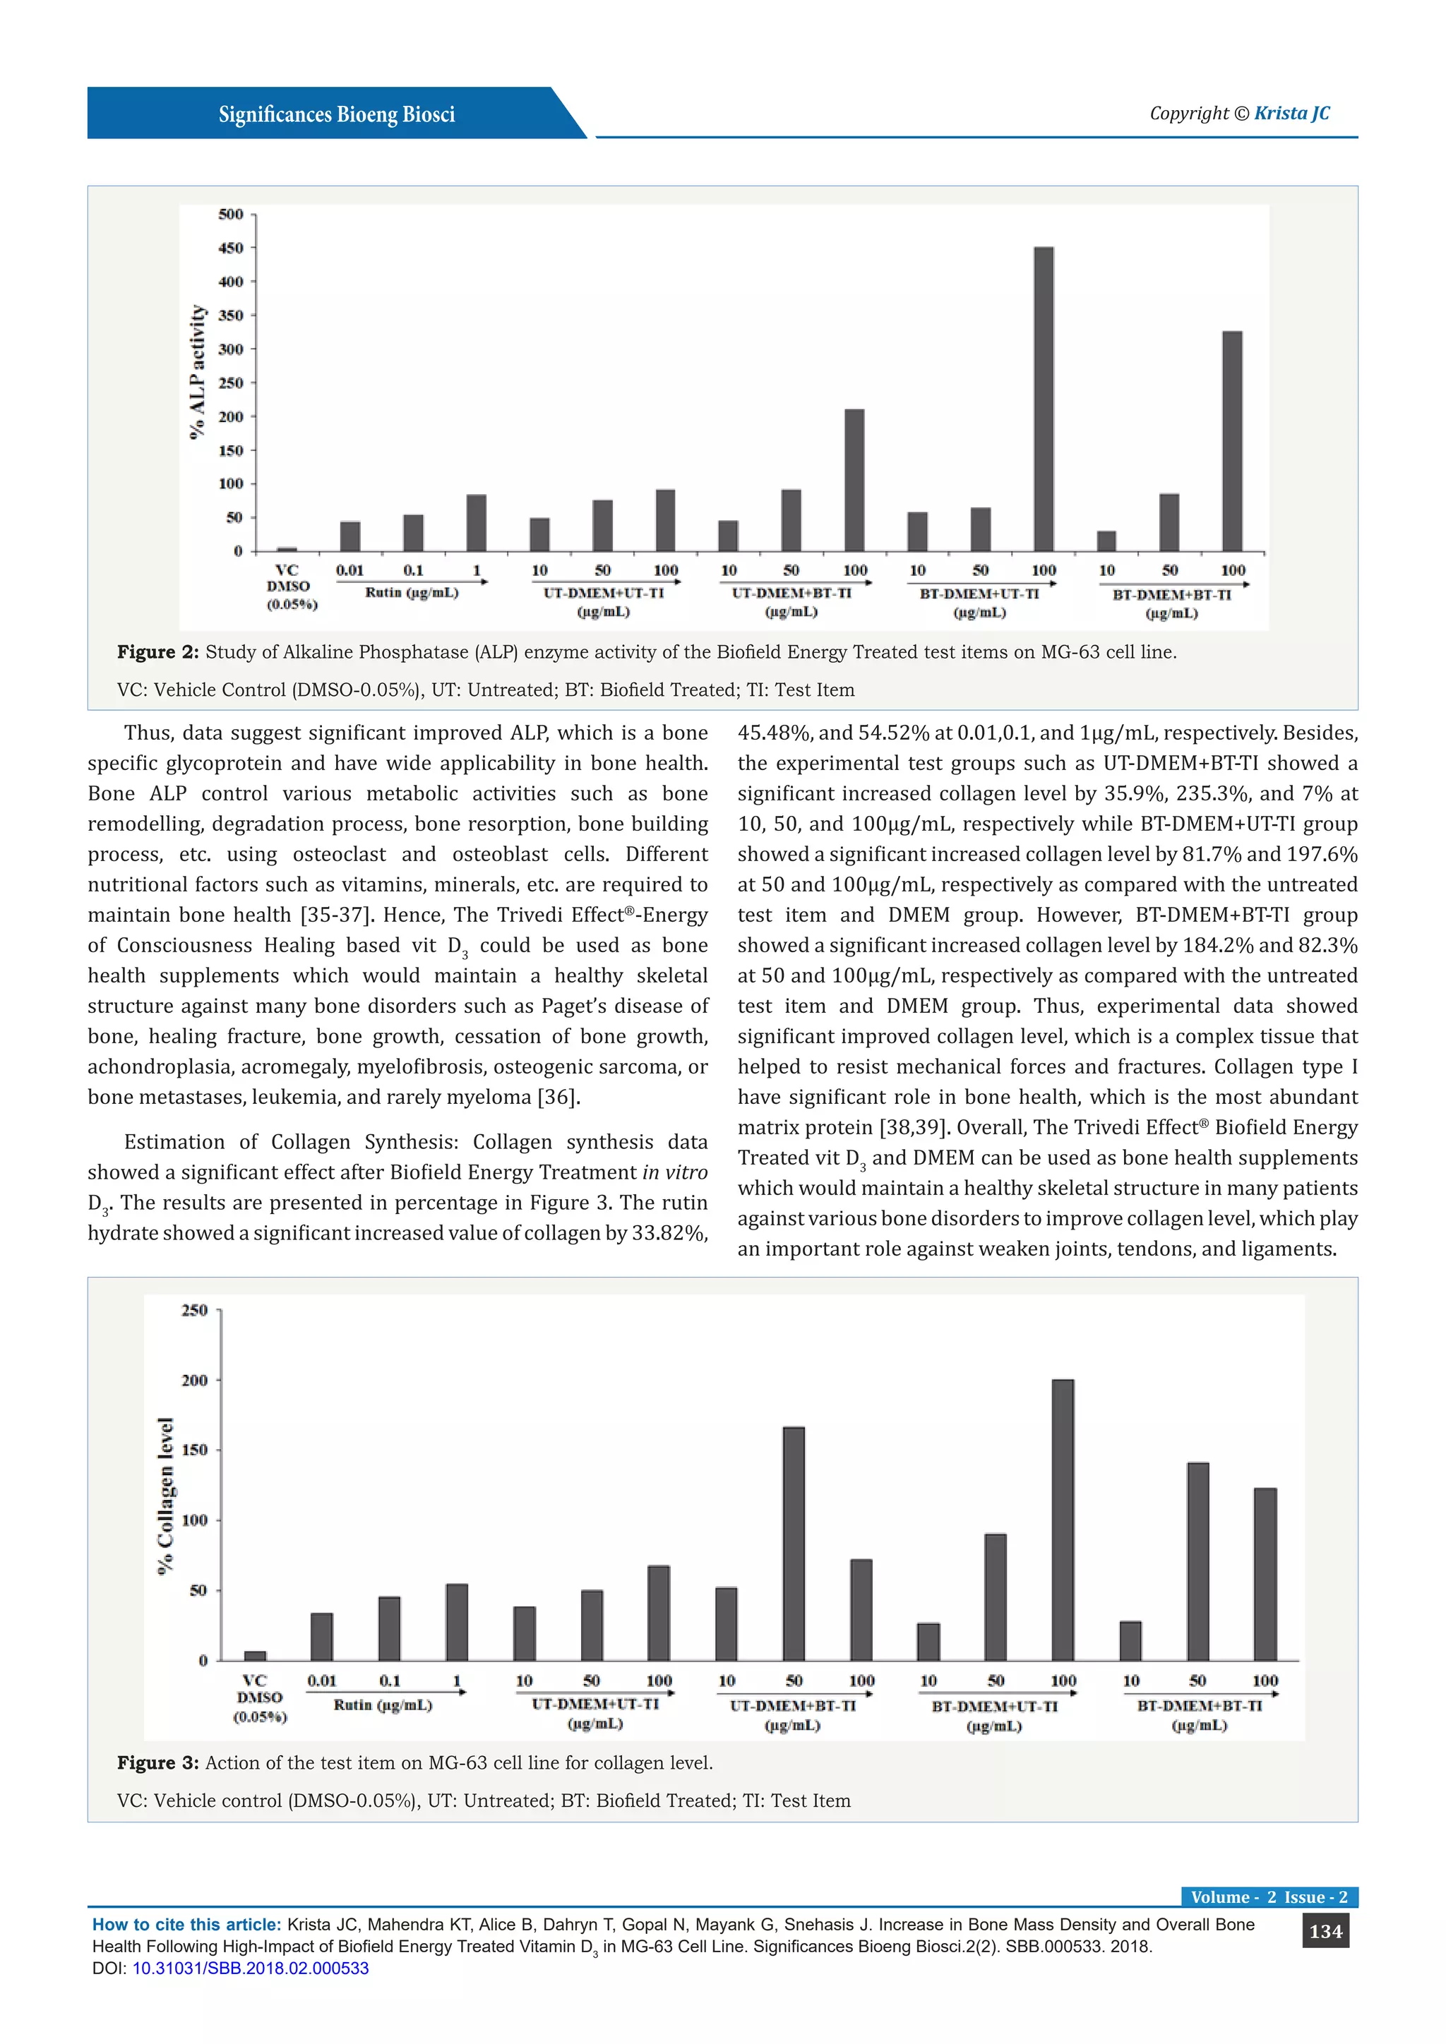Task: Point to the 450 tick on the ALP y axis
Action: pyautogui.click(x=231, y=248)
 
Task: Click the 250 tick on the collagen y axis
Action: pyautogui.click(x=194, y=1311)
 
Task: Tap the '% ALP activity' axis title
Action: pyautogui.click(x=198, y=371)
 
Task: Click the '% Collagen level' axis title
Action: pyautogui.click(x=166, y=1496)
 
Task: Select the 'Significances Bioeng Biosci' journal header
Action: pyautogui.click(x=337, y=115)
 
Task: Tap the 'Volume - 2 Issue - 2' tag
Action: pyautogui.click(x=1269, y=1896)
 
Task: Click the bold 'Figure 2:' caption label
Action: pyautogui.click(x=157, y=653)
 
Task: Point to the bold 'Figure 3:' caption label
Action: pyautogui.click(x=157, y=1762)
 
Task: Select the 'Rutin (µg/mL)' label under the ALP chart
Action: pyautogui.click(x=412, y=593)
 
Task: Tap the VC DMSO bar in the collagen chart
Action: pyautogui.click(x=255, y=1655)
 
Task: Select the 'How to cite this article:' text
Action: pyautogui.click(x=186, y=1924)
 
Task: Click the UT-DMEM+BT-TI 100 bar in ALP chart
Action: pyautogui.click(x=854, y=480)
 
